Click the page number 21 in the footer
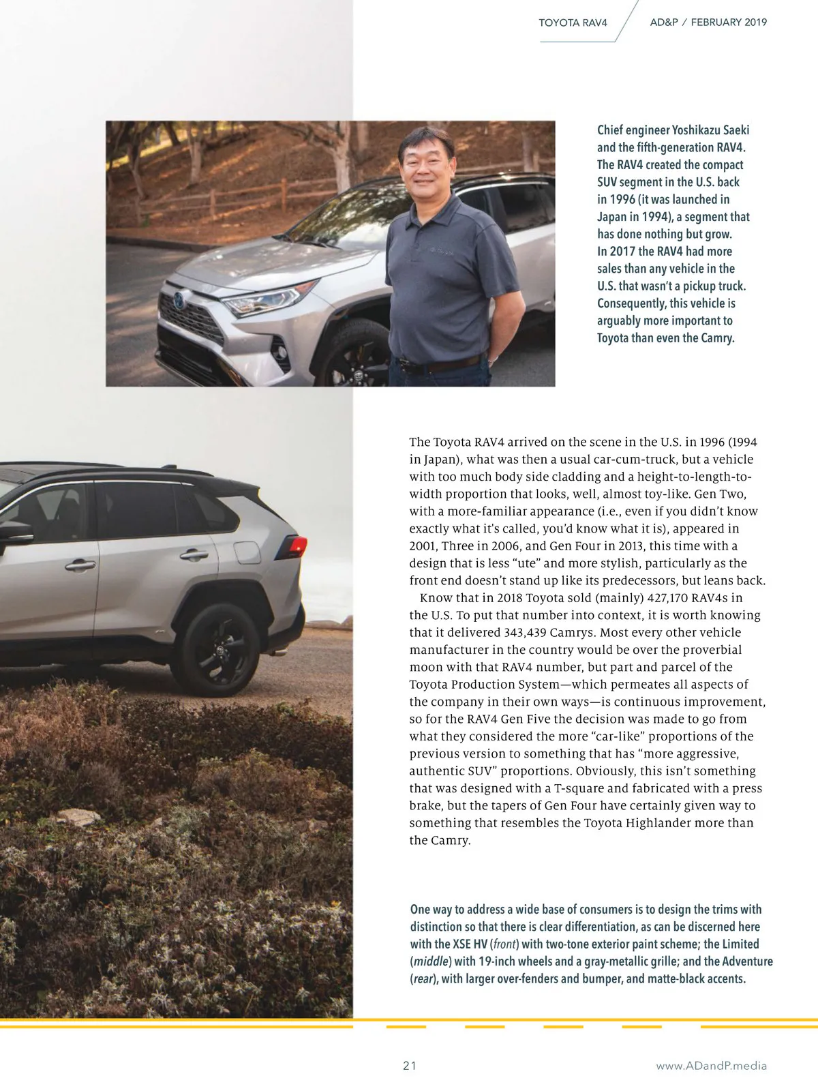point(409,1066)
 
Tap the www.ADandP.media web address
point(711,1066)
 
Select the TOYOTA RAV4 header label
point(573,23)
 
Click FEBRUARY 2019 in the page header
point(729,22)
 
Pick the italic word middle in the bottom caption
point(431,961)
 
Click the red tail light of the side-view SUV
point(298,545)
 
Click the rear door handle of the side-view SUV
point(194,555)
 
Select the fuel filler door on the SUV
point(247,552)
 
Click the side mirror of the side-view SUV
point(15,533)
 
